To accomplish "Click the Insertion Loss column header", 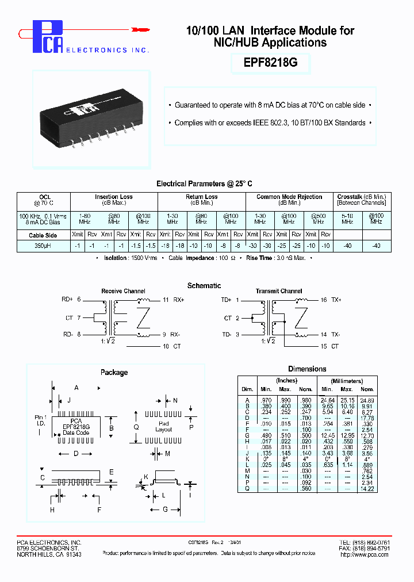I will coord(114,197).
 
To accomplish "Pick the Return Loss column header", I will coord(201,197).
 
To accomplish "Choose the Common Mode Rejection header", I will coord(289,197).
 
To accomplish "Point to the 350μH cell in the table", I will coord(43,245).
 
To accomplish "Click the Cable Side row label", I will coord(43,235).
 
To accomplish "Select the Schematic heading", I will coord(204,286).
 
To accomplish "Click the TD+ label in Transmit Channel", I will coord(227,300).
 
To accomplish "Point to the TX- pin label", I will coord(335,334).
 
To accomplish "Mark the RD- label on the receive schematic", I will coord(67,334).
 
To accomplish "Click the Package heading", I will coord(114,372).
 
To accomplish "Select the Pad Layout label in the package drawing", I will coord(164,426).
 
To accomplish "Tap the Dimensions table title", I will coord(306,369).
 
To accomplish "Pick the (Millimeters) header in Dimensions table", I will coord(347,381).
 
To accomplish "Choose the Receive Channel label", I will coord(123,291).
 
